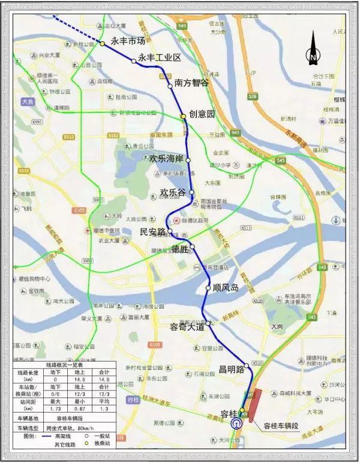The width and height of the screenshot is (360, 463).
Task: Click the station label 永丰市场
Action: click(x=128, y=41)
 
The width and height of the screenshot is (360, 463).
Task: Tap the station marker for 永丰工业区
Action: click(x=134, y=61)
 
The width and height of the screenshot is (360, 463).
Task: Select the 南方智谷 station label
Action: click(x=191, y=83)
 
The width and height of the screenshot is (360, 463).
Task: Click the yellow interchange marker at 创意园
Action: click(x=184, y=117)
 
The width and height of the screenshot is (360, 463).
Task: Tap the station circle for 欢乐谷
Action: click(x=192, y=192)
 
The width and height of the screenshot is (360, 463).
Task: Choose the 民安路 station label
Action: click(x=152, y=231)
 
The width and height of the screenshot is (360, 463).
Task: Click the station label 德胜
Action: click(x=180, y=249)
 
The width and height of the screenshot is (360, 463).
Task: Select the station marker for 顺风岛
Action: click(x=208, y=287)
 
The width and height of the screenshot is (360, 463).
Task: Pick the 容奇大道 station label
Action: click(x=187, y=327)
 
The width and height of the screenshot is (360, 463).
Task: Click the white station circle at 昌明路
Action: click(x=247, y=365)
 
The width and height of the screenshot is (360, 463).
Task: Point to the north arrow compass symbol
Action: click(x=313, y=49)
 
